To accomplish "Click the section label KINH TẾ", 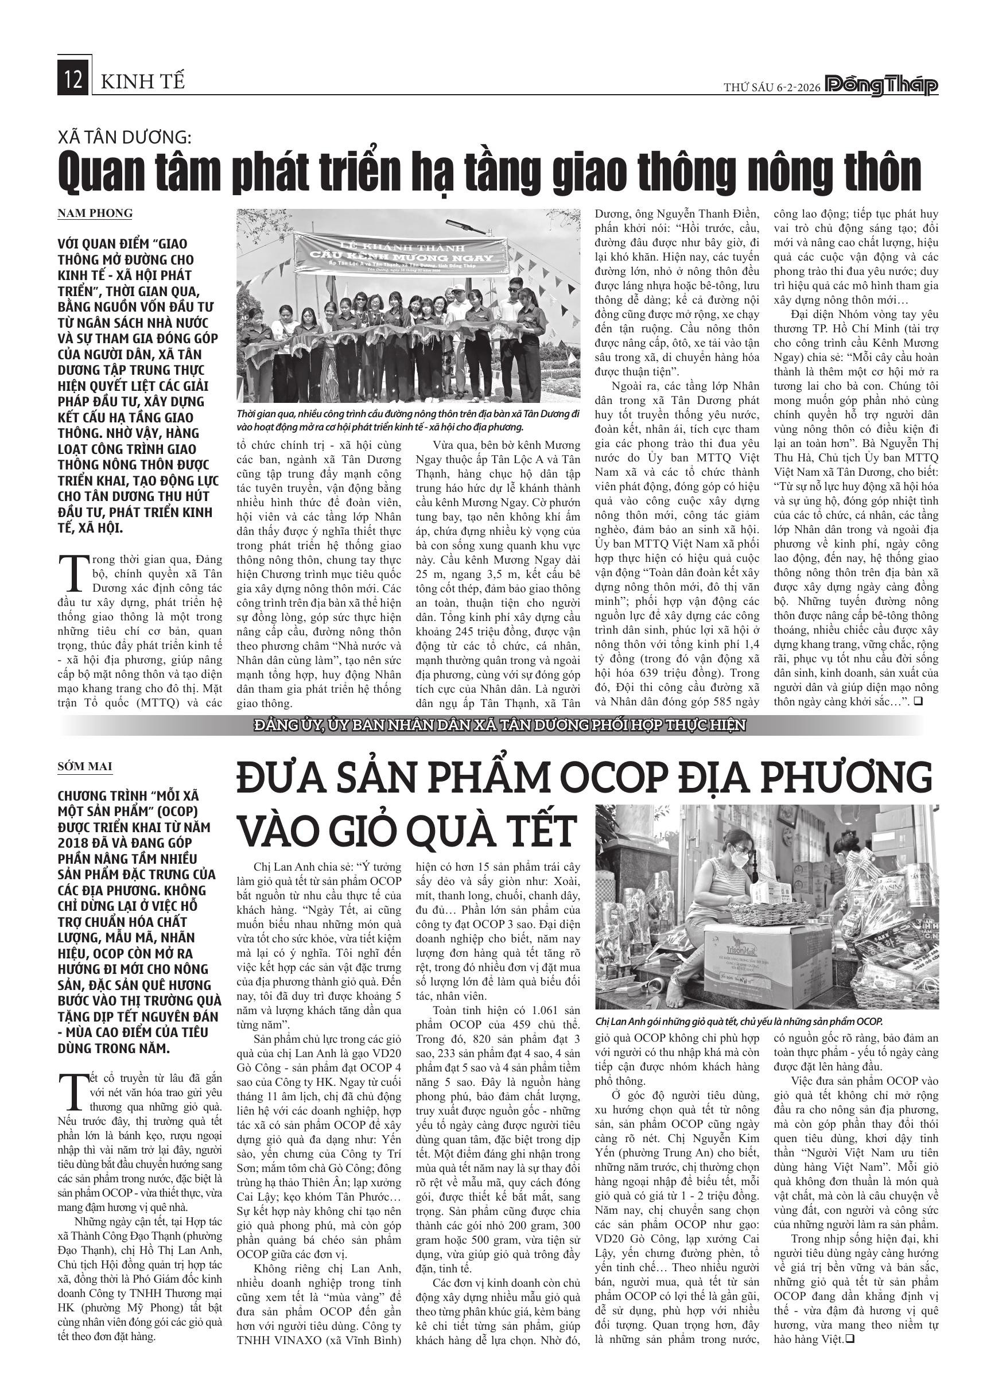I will [x=143, y=81].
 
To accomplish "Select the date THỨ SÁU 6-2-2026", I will [x=772, y=87].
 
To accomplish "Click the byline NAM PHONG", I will [x=95, y=213].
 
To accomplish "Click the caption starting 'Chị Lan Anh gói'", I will [x=739, y=1022].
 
